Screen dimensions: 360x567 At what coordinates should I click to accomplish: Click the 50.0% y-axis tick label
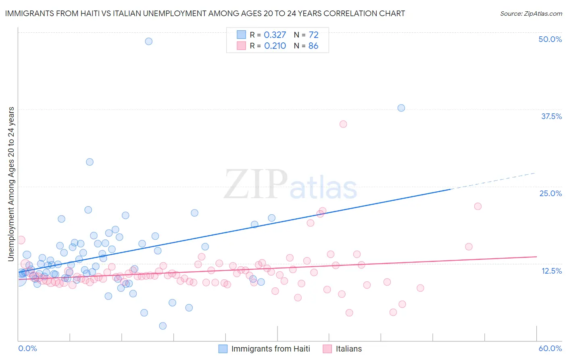coord(550,39)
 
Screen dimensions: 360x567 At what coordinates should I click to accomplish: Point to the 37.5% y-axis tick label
coord(551,116)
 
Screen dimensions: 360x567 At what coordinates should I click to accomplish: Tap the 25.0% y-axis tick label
coord(550,193)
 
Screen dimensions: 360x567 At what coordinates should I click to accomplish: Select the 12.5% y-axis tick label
coord(551,271)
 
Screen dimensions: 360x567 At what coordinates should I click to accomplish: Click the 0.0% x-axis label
coord(27,348)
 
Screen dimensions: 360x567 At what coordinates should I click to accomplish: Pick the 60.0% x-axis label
coord(550,348)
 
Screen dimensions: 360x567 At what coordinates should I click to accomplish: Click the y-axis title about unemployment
coord(11,184)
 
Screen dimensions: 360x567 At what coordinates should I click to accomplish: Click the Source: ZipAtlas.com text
coord(531,13)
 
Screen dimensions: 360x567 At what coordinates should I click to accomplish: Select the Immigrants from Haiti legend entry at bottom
coord(271,349)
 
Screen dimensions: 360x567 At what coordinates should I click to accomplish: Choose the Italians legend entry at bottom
coord(348,349)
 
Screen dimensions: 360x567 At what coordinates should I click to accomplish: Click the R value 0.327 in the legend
coord(275,35)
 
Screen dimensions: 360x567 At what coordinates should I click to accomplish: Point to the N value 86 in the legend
coord(313,46)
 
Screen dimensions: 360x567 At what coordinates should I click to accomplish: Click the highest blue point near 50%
coord(148,41)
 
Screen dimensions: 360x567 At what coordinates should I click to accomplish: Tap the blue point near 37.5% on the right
coord(401,108)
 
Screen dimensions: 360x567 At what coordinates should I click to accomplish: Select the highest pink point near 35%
coord(343,124)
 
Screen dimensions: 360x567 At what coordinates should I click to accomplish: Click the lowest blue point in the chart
coord(163,326)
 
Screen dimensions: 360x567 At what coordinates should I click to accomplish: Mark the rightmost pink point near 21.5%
coord(478,206)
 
